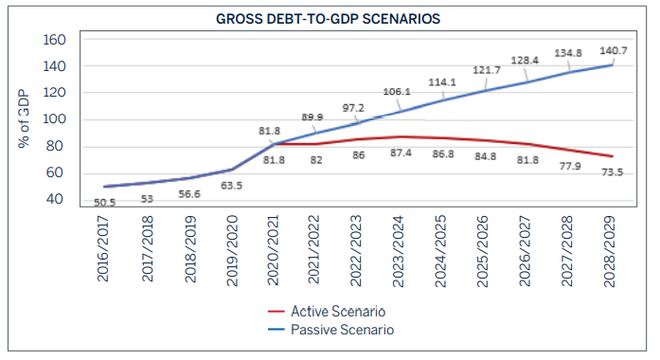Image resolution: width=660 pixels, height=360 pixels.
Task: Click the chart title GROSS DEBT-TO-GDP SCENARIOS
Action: click(329, 19)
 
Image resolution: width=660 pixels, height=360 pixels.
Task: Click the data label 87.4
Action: click(402, 152)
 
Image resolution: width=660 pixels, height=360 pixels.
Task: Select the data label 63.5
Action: click(230, 186)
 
